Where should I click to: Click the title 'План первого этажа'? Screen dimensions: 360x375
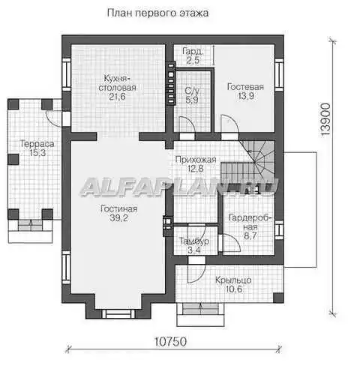point(157,13)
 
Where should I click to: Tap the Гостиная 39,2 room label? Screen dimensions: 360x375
point(118,213)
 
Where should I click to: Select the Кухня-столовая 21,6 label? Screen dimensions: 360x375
point(117,87)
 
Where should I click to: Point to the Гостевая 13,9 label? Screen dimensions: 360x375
point(245,91)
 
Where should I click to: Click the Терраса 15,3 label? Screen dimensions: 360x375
point(37,148)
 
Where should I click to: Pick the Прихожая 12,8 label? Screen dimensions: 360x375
point(196,164)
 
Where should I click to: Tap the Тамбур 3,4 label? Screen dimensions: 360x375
point(194,245)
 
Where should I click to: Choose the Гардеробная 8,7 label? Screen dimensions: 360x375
point(250,226)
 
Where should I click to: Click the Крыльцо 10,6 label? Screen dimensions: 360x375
point(233,284)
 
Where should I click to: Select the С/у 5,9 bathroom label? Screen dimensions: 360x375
point(192,95)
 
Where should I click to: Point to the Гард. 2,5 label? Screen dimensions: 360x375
point(193,56)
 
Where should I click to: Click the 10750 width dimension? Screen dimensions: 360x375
point(171,341)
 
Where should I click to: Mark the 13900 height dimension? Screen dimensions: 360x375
point(325,119)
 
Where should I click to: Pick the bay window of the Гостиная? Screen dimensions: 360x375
point(118,313)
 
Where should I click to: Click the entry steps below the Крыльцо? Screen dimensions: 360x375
point(200,314)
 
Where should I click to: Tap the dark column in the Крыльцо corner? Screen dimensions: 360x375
point(278,298)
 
